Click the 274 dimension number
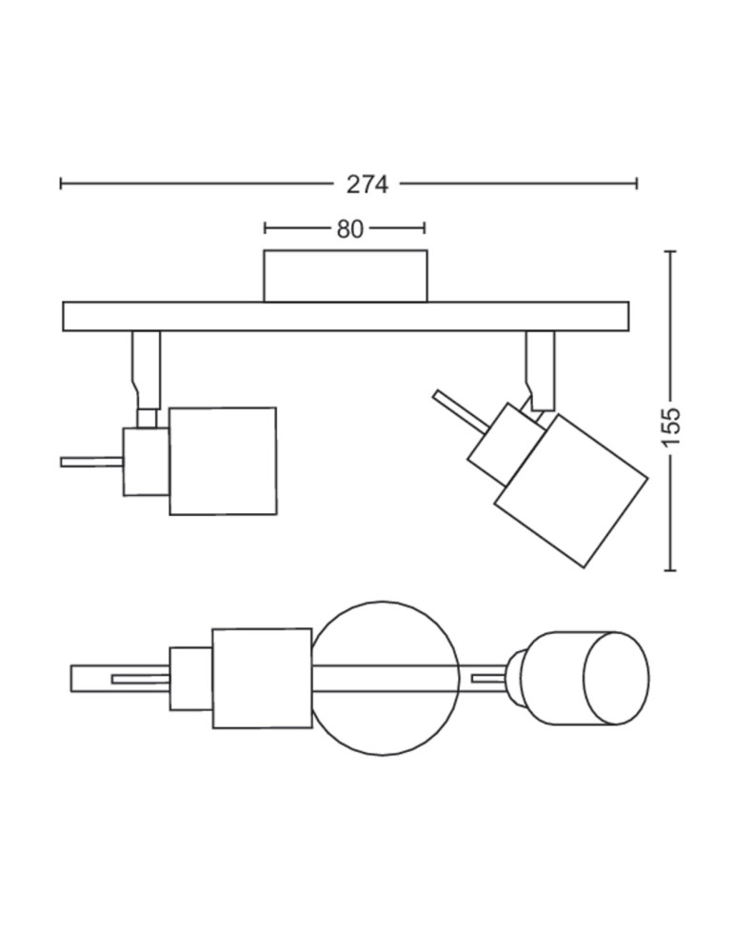pyautogui.click(x=367, y=184)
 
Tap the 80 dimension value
pyautogui.click(x=349, y=228)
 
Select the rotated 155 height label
pyautogui.click(x=671, y=426)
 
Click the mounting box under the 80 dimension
pyautogui.click(x=346, y=276)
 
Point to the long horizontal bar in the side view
pyautogui.click(x=346, y=316)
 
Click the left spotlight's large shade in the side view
pyautogui.click(x=223, y=462)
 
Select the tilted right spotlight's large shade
pyautogui.click(x=571, y=491)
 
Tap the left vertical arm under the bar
pyautogui.click(x=147, y=369)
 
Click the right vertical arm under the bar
pyautogui.click(x=541, y=370)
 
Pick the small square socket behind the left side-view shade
pyautogui.click(x=147, y=462)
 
